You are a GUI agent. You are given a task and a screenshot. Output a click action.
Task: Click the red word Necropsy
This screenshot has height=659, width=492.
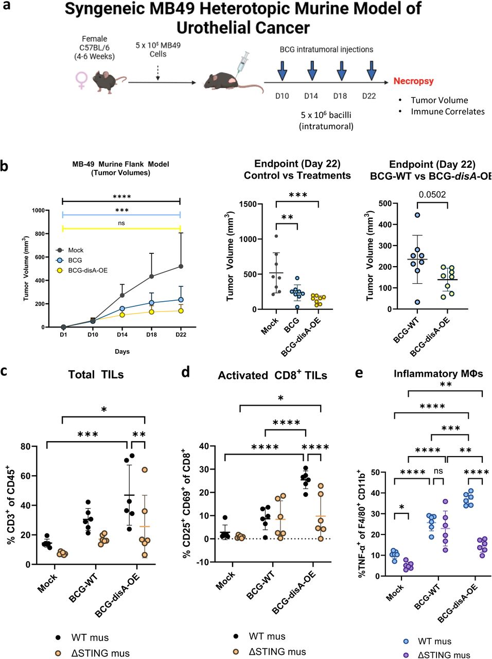point(413,81)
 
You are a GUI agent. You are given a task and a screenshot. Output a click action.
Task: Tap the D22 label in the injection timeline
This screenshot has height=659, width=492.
point(368,96)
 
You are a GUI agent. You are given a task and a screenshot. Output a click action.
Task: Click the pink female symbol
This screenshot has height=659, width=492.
point(81,80)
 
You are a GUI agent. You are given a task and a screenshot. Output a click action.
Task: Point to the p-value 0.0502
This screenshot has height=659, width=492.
point(432,195)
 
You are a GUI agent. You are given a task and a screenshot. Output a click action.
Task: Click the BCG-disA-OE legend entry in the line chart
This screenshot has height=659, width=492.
point(82,270)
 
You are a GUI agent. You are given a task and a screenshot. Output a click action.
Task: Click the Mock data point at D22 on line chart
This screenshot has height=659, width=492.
point(181,266)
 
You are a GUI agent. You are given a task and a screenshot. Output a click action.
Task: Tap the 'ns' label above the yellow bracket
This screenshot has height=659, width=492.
point(121,223)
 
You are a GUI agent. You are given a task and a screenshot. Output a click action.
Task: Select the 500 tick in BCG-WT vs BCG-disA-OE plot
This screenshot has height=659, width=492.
point(385,203)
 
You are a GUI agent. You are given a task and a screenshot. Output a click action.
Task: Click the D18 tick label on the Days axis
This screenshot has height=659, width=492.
point(151,335)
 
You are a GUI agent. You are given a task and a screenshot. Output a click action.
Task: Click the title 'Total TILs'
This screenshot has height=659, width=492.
point(96,375)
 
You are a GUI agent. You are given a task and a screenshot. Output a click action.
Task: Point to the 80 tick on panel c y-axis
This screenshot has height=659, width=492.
point(25,446)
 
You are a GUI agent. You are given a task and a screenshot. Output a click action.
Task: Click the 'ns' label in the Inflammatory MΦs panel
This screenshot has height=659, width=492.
point(438,471)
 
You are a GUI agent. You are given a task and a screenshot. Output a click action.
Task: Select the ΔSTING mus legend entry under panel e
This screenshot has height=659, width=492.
point(437,655)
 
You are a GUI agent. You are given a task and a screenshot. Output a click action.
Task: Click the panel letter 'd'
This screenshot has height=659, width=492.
point(186,372)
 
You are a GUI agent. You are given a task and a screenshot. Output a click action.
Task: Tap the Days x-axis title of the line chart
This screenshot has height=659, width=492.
point(122,352)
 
